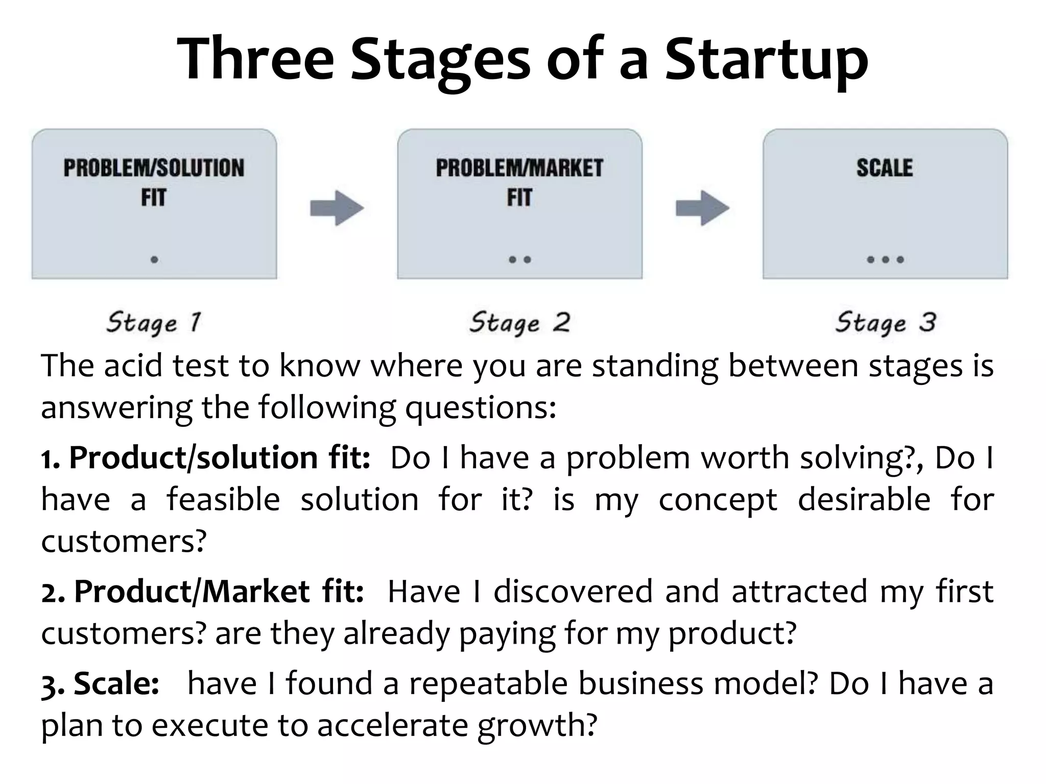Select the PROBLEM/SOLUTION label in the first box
click(x=154, y=168)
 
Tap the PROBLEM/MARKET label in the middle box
click(x=519, y=168)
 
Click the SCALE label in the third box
click(x=885, y=168)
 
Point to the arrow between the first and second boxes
click(x=337, y=208)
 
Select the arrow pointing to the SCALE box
click(x=702, y=208)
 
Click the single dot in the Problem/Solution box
click(x=154, y=260)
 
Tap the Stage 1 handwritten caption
click(x=154, y=323)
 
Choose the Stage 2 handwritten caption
click(x=519, y=323)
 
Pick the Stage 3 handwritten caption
click(x=885, y=323)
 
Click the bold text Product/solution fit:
click(x=220, y=458)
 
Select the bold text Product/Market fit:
click(x=219, y=592)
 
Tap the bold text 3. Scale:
click(x=100, y=683)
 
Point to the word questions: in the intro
click(x=480, y=408)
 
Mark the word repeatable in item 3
click(x=488, y=683)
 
